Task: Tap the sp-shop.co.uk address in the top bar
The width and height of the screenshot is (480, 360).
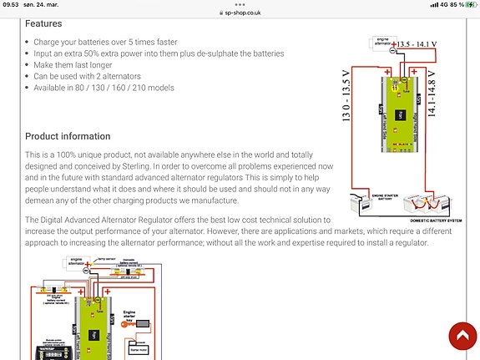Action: (240, 13)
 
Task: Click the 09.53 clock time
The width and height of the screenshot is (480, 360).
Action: (11, 4)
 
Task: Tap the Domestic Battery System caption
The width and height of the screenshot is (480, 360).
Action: (437, 219)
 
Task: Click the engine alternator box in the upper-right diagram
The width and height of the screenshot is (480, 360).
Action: (383, 42)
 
